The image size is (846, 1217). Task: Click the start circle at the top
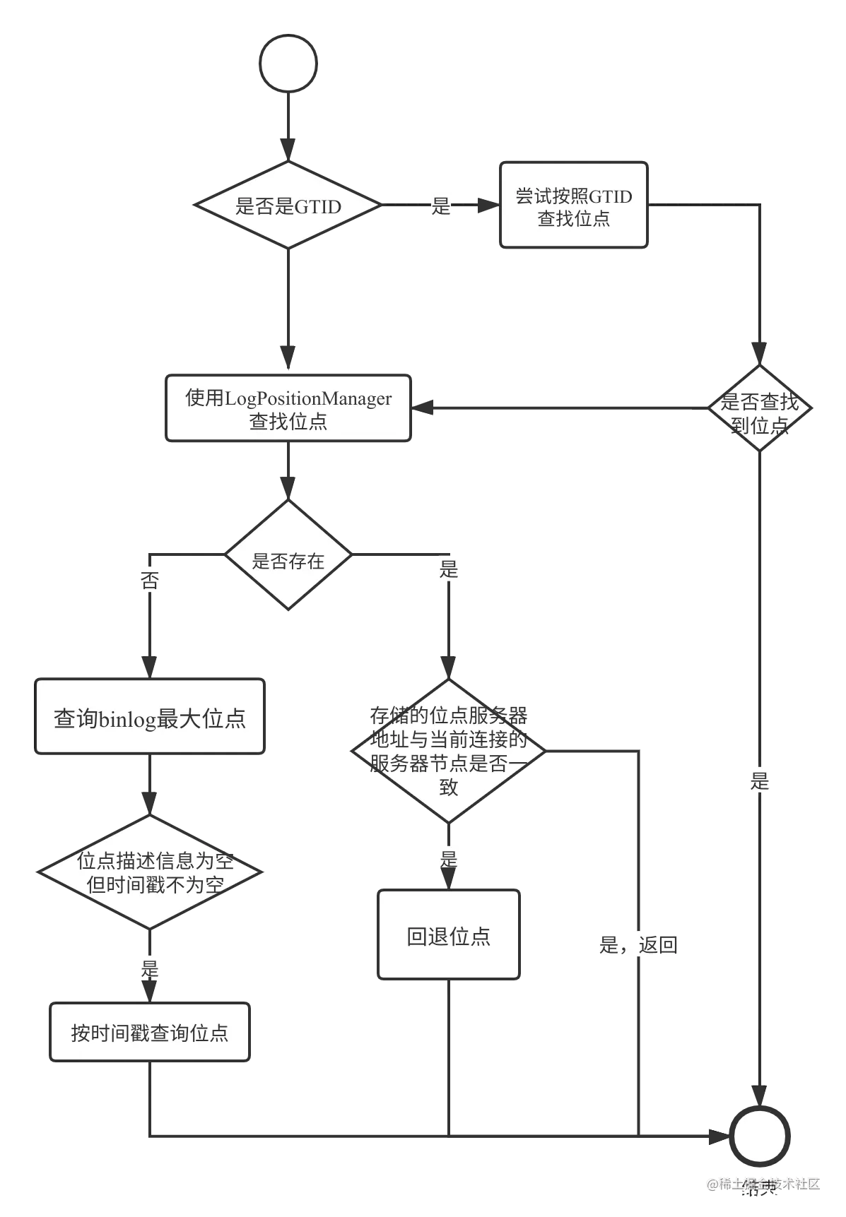[x=288, y=64]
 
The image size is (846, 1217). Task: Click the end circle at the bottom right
[x=759, y=1136]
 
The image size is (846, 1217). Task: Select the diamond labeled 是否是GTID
[x=288, y=206]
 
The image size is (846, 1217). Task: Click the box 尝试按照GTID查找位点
[x=573, y=206]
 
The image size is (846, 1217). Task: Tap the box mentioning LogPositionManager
[x=288, y=409]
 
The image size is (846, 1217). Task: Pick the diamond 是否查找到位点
[x=759, y=408]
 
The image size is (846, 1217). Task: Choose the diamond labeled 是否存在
[x=288, y=555]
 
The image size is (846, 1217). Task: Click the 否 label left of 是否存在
[x=150, y=580]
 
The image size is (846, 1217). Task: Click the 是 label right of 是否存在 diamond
[x=449, y=569]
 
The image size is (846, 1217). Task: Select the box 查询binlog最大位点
[x=150, y=718]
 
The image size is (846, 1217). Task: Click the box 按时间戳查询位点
[x=150, y=1032]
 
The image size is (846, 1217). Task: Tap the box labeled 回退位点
[x=449, y=935]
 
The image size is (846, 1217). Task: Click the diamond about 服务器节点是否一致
[x=449, y=752]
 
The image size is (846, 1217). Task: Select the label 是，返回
[x=638, y=944]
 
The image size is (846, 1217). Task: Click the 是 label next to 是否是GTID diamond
[x=440, y=206]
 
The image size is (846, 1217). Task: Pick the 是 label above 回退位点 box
[x=449, y=858]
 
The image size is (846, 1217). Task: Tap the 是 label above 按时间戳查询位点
[x=150, y=967]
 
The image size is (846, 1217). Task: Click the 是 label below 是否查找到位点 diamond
[x=759, y=780]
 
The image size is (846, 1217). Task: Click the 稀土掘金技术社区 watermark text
[x=763, y=1182]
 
